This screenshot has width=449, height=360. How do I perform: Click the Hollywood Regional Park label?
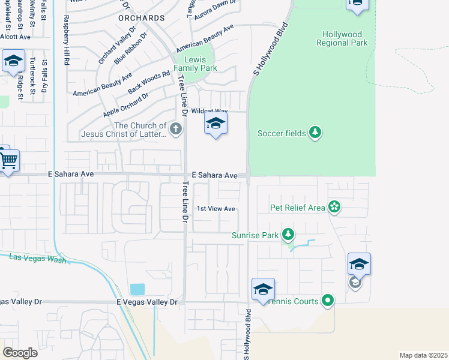click(x=343, y=39)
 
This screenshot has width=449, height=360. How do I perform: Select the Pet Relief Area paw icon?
click(x=334, y=208)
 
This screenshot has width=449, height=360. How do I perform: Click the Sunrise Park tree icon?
click(x=289, y=235)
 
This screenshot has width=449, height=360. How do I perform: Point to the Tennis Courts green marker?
click(x=328, y=301)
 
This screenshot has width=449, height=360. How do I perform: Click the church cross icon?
click(x=175, y=128)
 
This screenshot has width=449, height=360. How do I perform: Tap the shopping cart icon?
click(x=8, y=160)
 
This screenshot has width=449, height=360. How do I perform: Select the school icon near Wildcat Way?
click(x=215, y=124)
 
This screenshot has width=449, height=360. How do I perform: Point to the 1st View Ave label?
click(x=216, y=209)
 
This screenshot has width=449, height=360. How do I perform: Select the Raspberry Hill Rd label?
click(x=67, y=42)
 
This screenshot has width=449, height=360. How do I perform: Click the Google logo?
click(x=20, y=353)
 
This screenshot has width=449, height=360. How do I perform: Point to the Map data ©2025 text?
click(x=424, y=355)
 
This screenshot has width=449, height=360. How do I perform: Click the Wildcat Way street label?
click(x=210, y=112)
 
